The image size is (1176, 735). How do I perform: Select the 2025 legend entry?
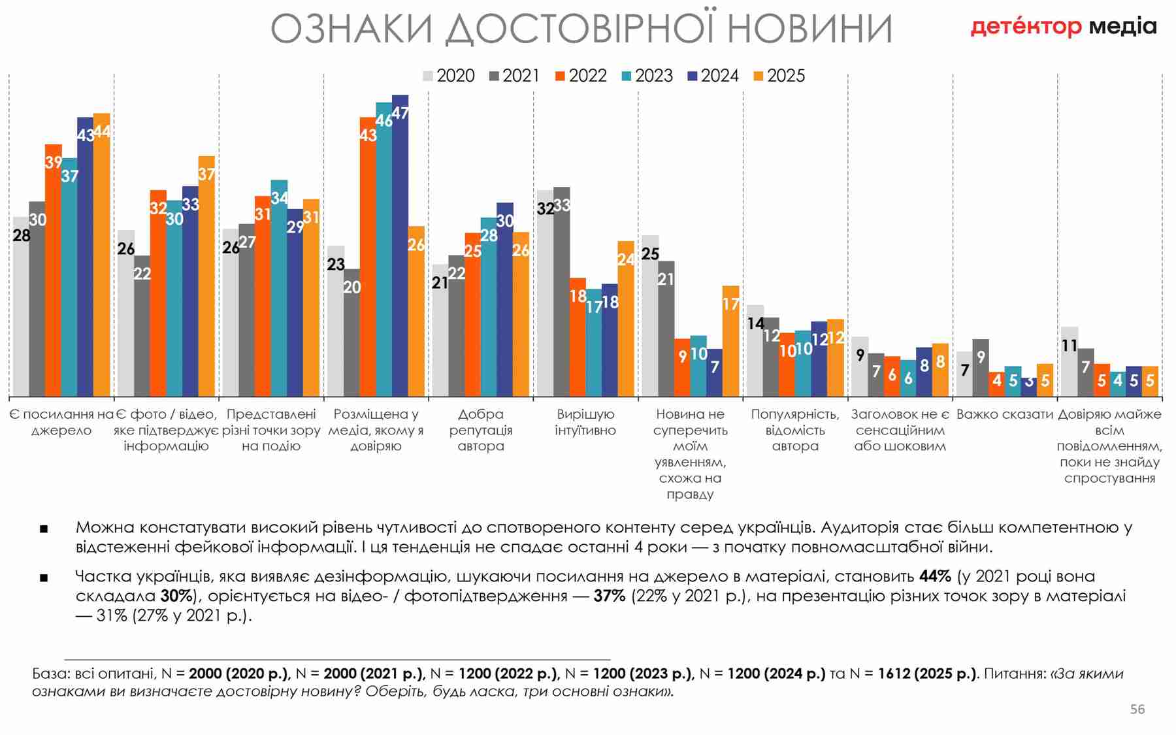(x=779, y=76)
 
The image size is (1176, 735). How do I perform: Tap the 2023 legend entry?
(x=647, y=76)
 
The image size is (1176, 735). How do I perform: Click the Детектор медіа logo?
(x=1063, y=27)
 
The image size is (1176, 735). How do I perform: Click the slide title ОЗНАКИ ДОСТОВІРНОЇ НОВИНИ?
(x=581, y=29)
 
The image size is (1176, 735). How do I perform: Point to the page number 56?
(x=1137, y=709)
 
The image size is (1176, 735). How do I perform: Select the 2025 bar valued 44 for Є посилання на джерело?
(x=102, y=255)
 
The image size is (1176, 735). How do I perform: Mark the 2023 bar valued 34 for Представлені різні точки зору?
(x=279, y=287)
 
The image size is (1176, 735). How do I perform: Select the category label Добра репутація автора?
(x=481, y=430)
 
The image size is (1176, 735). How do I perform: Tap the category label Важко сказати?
(x=1005, y=414)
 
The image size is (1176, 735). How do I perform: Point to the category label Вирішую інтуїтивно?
(x=585, y=422)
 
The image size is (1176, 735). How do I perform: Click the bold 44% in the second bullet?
(x=935, y=576)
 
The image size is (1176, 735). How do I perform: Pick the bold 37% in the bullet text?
(x=610, y=596)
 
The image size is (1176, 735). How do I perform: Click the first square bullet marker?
(x=44, y=529)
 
